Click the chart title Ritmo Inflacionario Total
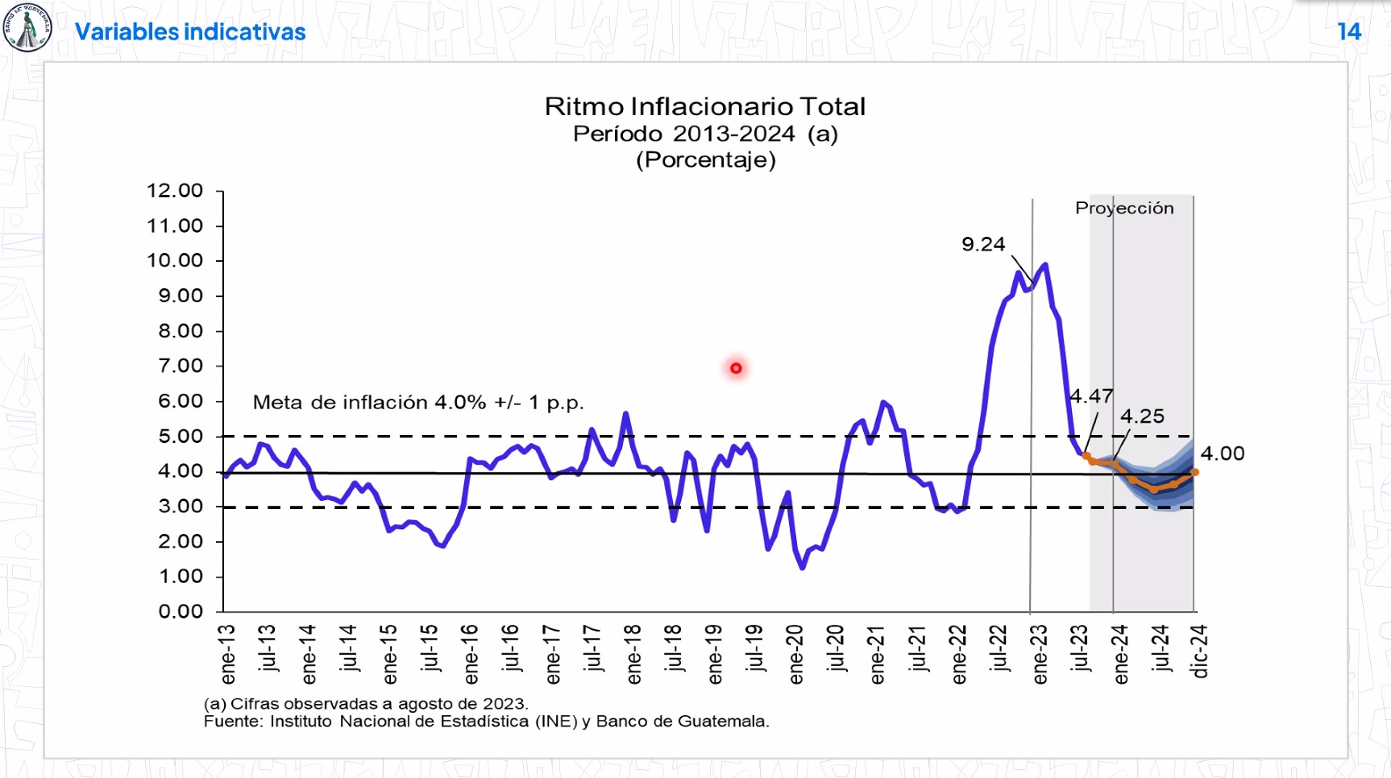coord(705,106)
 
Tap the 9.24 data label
coord(983,244)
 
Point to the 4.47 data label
coord(1091,396)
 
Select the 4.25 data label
coord(1142,416)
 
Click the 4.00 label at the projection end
coord(1222,453)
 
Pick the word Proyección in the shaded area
coord(1124,209)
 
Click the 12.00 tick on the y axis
coord(174,191)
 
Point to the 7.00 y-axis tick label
coord(180,366)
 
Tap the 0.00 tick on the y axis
coord(180,611)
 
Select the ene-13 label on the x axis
coord(228,654)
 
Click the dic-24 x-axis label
coord(1200,651)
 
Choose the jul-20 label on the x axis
coord(836,648)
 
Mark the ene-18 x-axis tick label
coord(633,654)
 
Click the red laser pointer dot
coord(736,368)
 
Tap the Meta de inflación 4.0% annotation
coord(417,402)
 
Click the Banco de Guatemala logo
coord(27,28)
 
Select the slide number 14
coord(1348,31)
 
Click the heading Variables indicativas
coord(190,31)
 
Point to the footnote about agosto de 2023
coord(366,704)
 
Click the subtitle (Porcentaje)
coord(705,159)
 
